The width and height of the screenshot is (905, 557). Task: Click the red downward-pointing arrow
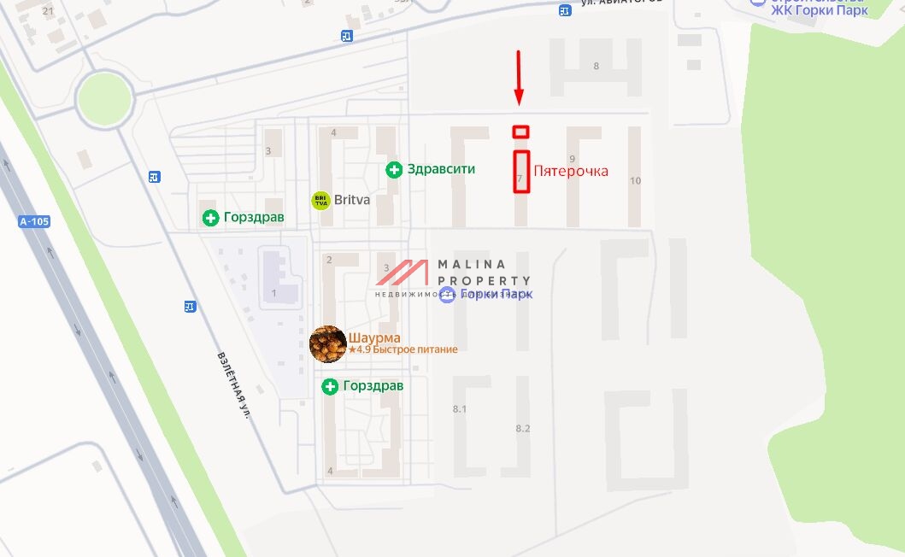518,78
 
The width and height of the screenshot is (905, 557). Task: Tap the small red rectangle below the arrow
520,132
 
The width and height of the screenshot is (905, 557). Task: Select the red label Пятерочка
571,171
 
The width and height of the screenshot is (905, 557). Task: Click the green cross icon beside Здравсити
394,169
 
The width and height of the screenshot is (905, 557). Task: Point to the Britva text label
351,200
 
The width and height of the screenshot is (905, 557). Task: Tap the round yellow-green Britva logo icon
320,201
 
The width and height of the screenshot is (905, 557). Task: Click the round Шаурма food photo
327,343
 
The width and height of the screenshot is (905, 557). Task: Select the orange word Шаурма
374,337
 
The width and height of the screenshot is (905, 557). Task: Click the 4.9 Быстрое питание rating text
403,349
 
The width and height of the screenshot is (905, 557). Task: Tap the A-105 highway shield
34,221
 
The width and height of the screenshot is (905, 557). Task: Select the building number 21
47,11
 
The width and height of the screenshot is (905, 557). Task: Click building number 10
635,180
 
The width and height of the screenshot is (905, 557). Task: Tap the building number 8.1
460,409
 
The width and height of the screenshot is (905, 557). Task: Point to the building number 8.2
523,428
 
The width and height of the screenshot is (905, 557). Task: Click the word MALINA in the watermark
472,264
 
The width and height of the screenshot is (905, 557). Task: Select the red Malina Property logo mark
403,273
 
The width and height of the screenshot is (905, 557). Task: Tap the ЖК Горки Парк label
820,10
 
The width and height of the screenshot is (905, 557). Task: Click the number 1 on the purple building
274,294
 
